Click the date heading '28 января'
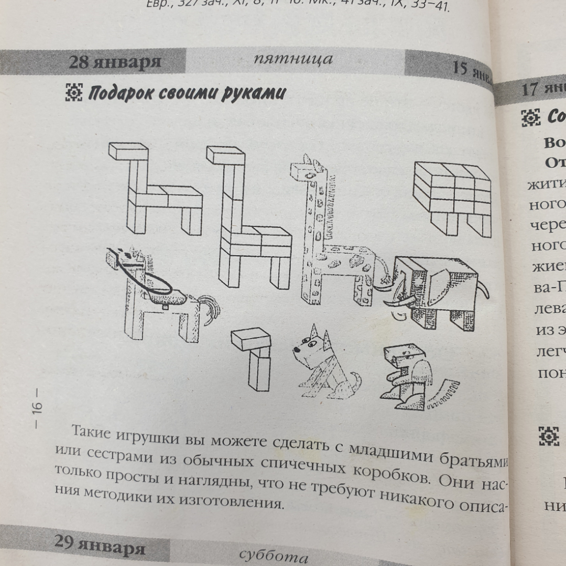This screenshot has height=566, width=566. click(115, 62)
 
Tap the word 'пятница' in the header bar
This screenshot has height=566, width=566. click(293, 59)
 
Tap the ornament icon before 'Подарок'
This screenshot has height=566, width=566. click(74, 93)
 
